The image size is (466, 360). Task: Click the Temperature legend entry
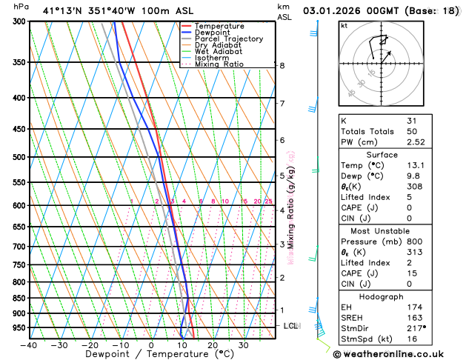click(219, 26)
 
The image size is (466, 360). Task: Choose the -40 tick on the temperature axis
click(29, 345)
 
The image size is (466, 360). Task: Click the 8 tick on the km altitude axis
click(282, 65)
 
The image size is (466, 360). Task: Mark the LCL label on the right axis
click(290, 326)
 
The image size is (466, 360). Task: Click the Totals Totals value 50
click(411, 131)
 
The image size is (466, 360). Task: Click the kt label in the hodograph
click(344, 26)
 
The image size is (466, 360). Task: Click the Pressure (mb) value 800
click(414, 241)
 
